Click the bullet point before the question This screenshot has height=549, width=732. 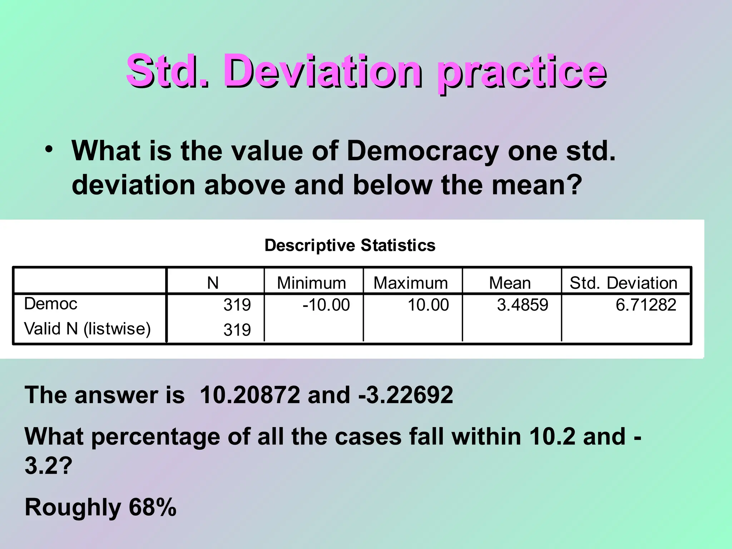point(49,149)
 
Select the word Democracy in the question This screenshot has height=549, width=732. point(422,151)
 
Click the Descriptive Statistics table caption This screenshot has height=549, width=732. point(350,246)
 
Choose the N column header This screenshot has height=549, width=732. point(213,283)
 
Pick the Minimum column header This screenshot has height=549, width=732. point(311,283)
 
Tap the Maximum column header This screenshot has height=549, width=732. point(411,283)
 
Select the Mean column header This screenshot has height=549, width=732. point(510,283)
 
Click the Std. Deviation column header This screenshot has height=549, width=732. point(623,283)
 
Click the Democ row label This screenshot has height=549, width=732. point(51,304)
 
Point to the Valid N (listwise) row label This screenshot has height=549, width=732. point(87,329)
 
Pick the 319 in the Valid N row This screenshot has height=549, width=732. point(237,330)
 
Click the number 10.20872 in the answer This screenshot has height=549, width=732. point(250,395)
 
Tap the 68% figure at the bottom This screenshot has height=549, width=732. point(153,507)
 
